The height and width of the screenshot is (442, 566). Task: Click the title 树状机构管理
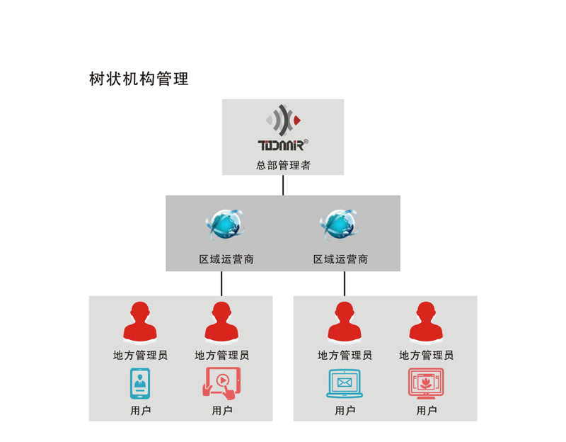pyautogui.click(x=139, y=79)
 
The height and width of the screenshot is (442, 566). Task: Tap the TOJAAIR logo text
pyautogui.click(x=281, y=145)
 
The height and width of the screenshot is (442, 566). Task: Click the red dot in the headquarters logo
pyautogui.click(x=297, y=120)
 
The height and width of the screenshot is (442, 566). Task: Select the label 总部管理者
pyautogui.click(x=284, y=166)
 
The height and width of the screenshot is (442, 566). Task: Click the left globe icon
pyautogui.click(x=225, y=225)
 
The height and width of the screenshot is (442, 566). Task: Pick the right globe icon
pyautogui.click(x=340, y=225)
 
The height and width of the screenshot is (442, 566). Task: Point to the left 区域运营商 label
pyautogui.click(x=226, y=259)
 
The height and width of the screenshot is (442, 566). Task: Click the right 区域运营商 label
pyautogui.click(x=340, y=259)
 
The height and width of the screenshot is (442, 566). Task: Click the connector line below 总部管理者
pyautogui.click(x=283, y=185)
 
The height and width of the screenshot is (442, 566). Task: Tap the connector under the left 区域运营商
pyautogui.click(x=221, y=284)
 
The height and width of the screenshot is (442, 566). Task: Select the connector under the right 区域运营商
pyautogui.click(x=345, y=284)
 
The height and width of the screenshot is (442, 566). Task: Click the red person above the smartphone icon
pyautogui.click(x=140, y=322)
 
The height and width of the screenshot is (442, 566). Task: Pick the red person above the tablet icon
pyautogui.click(x=221, y=322)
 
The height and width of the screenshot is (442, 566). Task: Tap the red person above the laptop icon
pyautogui.click(x=345, y=322)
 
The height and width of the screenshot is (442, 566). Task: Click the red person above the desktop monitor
pyautogui.click(x=426, y=322)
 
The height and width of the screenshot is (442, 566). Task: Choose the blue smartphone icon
pyautogui.click(x=140, y=383)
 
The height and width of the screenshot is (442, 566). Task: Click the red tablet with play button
pyautogui.click(x=221, y=383)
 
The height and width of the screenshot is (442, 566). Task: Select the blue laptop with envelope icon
pyautogui.click(x=345, y=383)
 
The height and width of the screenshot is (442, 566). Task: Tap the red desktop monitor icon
pyautogui.click(x=426, y=383)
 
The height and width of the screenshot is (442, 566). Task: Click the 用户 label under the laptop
pyautogui.click(x=345, y=411)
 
